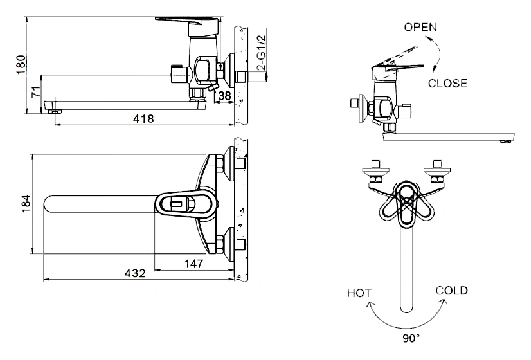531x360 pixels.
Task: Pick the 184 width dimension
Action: pyautogui.click(x=26, y=204)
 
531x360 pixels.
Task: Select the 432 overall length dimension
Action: pyautogui.click(x=134, y=273)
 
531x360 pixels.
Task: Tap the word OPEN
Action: pyautogui.click(x=420, y=27)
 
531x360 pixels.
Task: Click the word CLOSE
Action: pyautogui.click(x=447, y=84)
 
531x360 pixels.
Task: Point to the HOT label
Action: pyautogui.click(x=359, y=293)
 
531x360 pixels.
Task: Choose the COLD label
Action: pyautogui.click(x=452, y=291)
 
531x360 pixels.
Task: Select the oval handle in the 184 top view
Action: pyautogui.click(x=183, y=204)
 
